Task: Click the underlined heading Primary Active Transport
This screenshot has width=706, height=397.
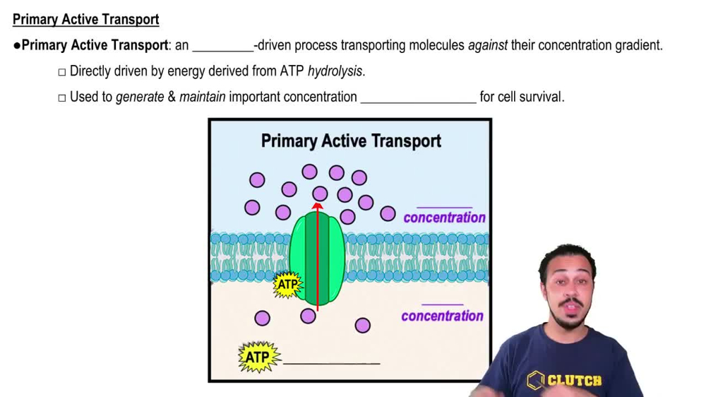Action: [x=85, y=19]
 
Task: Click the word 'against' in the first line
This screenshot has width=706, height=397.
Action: [x=487, y=45]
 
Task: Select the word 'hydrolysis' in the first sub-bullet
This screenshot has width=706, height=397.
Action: [x=335, y=71]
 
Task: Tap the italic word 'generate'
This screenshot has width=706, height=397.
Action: [x=140, y=97]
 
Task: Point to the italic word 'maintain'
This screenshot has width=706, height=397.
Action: [x=202, y=97]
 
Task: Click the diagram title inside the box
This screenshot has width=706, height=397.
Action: [x=351, y=141]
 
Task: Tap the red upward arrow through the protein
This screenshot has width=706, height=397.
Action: [x=317, y=254]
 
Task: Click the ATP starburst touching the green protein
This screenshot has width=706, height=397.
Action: [x=287, y=285]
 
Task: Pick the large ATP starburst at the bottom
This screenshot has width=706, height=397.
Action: [x=258, y=357]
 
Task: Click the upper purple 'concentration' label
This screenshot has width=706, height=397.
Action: [x=444, y=218]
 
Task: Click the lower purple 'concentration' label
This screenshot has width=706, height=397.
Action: [x=442, y=316]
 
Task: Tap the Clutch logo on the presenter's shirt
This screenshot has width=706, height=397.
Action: [x=564, y=381]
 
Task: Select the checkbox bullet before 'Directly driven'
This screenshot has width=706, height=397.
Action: [x=62, y=71]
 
